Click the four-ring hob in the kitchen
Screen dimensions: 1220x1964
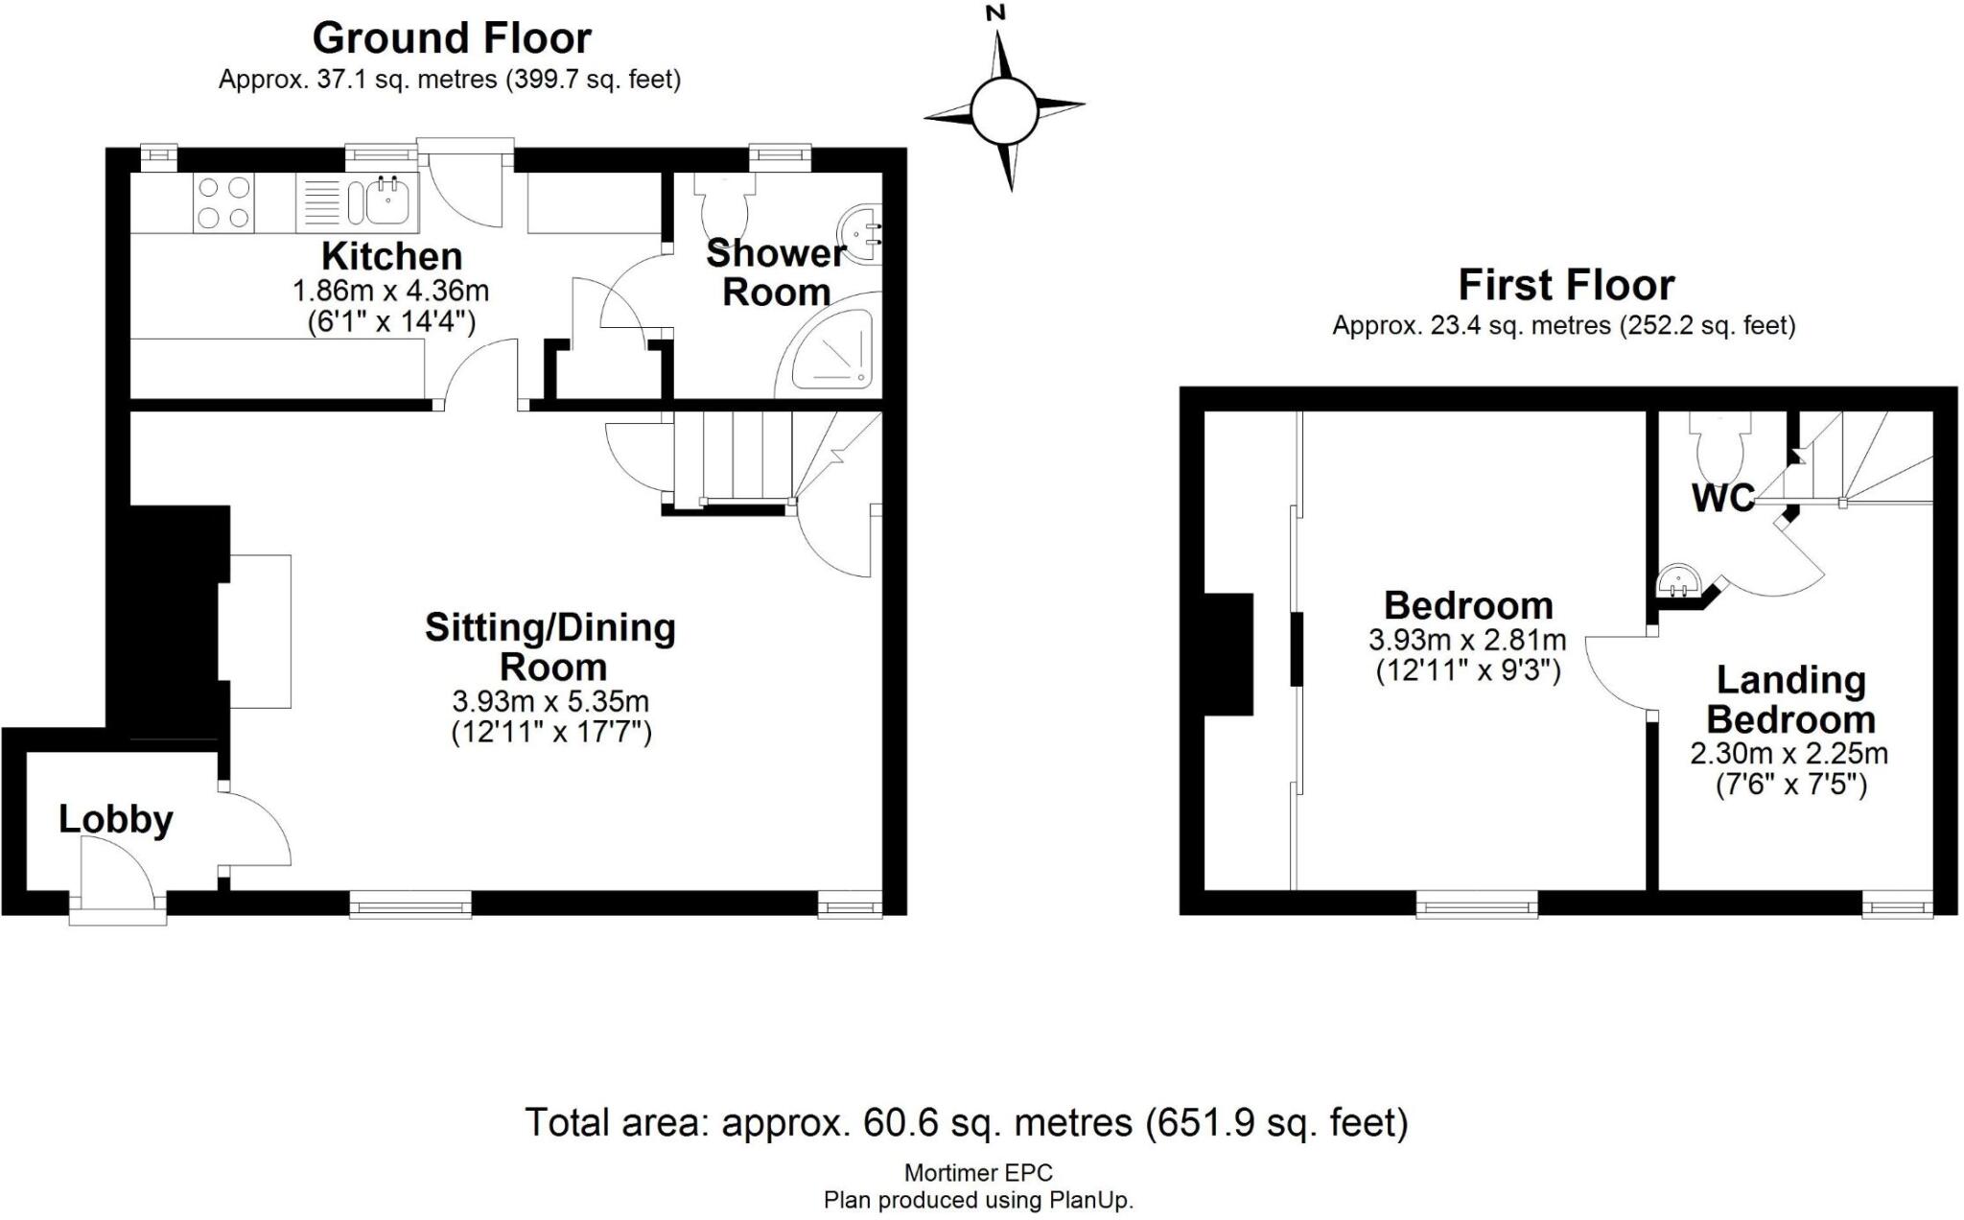223,202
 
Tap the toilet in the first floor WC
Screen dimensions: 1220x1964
1721,445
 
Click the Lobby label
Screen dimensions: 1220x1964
116,819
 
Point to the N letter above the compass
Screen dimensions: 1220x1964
996,13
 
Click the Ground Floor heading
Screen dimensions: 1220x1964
452,38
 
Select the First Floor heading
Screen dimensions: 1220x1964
1565,285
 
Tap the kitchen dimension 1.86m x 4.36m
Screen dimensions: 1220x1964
390,290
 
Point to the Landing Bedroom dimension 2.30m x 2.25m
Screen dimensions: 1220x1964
1789,753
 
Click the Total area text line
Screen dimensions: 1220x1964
966,1121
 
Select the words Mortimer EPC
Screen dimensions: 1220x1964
978,1172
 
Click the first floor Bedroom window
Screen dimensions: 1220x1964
1477,904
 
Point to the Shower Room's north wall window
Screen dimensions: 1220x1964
780,154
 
